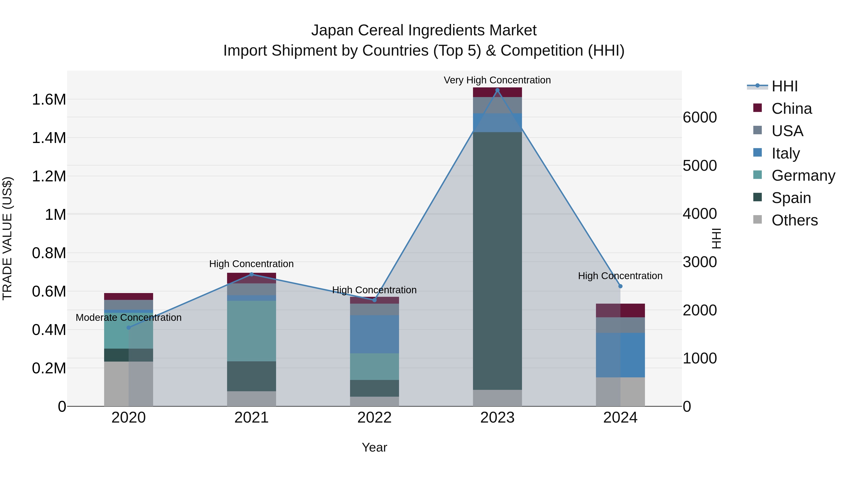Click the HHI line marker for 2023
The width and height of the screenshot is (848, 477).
click(x=497, y=90)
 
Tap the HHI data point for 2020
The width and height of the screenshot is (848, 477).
click(x=129, y=328)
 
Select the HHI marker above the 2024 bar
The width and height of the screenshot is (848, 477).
click(x=620, y=286)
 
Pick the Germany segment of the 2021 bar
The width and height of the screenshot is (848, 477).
click(x=252, y=331)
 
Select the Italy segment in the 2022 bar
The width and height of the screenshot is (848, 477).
click(x=374, y=334)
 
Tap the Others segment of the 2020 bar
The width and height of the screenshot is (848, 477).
click(x=129, y=383)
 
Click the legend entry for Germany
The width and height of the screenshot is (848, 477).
click(x=803, y=175)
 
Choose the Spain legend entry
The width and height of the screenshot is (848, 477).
click(x=791, y=198)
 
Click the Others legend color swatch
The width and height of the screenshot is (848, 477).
click(x=757, y=220)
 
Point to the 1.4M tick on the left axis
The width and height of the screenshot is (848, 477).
click(x=49, y=138)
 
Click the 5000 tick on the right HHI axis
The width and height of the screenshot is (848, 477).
click(x=700, y=166)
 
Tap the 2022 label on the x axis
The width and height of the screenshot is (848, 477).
click(x=374, y=417)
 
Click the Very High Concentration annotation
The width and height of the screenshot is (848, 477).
click(x=497, y=80)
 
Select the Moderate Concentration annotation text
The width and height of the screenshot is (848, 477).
click(x=129, y=317)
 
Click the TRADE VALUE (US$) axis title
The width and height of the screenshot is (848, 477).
click(x=8, y=238)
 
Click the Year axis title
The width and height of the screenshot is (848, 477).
click(x=374, y=447)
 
